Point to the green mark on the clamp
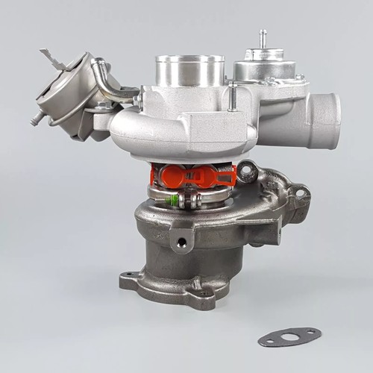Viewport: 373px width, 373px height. pyautogui.click(x=175, y=199)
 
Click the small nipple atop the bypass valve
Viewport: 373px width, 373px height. pyautogui.click(x=263, y=38)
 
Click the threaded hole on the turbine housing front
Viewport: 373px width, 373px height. pyautogui.click(x=180, y=242)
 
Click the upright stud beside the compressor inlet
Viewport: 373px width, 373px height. pyautogui.click(x=233, y=95)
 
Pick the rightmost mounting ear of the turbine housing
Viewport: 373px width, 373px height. pyautogui.click(x=301, y=194)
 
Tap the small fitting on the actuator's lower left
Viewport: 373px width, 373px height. pyautogui.click(x=36, y=118)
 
